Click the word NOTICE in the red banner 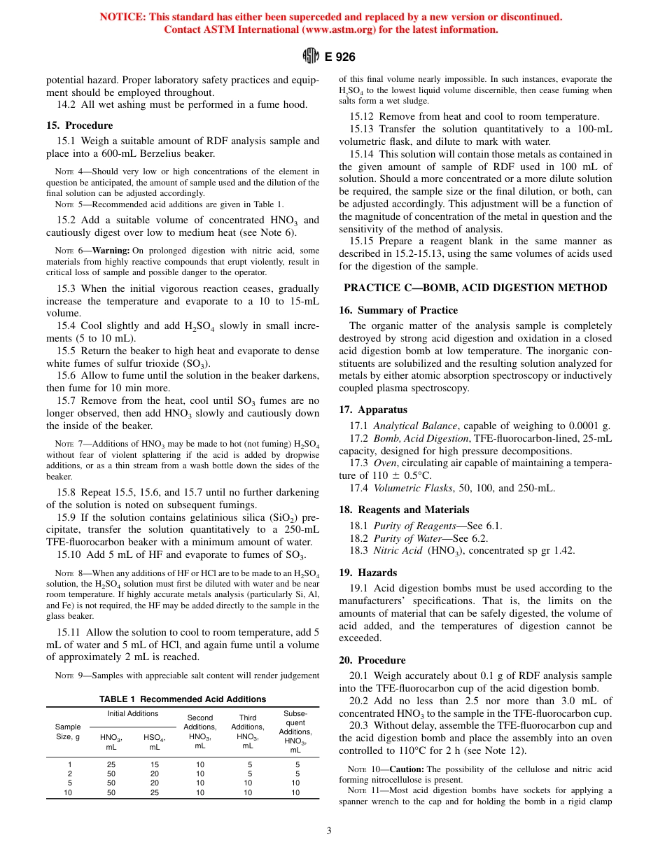click(122, 17)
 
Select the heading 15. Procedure click(79, 125)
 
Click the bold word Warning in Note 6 click(112, 251)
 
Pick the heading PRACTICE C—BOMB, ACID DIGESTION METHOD click(475, 288)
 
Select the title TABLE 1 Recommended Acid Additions click(183, 699)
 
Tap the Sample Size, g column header click(68, 731)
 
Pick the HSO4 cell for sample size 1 click(154, 764)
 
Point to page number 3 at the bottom click(329, 831)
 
